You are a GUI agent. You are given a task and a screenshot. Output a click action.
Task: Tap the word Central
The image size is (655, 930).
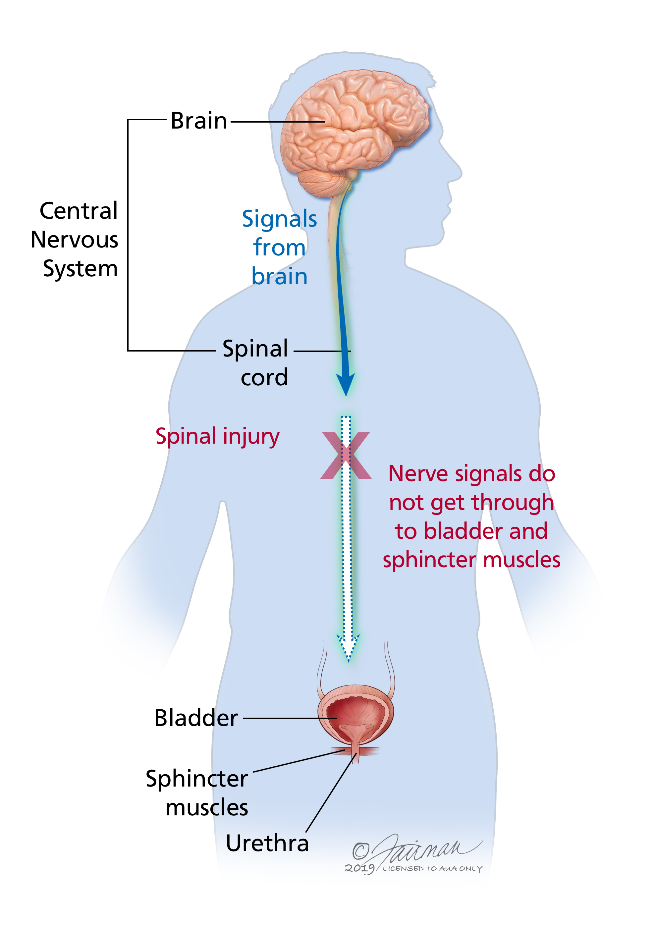pos(79,211)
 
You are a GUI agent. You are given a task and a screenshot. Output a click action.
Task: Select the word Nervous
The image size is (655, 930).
pos(75,240)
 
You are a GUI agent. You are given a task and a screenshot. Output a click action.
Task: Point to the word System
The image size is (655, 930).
pos(80,269)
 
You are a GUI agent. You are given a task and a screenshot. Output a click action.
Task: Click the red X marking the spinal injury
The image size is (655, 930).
pos(346,455)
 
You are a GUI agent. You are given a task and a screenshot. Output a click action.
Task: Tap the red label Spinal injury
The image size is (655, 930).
pos(218,437)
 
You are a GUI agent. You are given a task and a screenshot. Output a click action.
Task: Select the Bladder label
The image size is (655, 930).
pos(196,718)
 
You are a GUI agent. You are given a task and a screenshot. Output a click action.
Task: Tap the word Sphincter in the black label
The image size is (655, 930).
pos(197,779)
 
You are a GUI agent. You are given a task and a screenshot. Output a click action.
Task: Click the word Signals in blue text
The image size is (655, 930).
pos(280,219)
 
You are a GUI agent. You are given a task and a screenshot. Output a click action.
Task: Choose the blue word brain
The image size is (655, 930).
pos(280,277)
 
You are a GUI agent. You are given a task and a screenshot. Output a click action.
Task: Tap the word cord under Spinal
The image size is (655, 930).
pos(264,377)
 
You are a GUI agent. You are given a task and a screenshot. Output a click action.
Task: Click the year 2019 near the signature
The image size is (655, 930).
pos(359,868)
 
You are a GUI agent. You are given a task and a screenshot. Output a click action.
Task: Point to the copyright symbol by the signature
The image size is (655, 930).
pos(360,850)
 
